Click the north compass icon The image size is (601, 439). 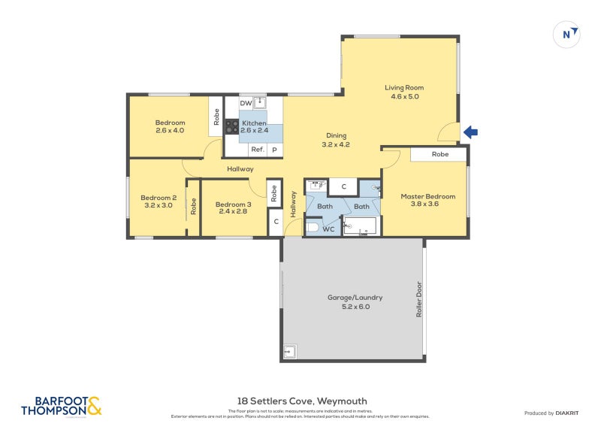[566, 34]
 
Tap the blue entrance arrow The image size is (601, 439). [470, 133]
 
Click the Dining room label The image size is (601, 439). [336, 135]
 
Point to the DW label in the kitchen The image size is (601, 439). [245, 103]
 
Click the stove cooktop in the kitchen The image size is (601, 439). [231, 127]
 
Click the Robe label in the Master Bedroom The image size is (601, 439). [439, 154]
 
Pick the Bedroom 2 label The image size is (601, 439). [159, 198]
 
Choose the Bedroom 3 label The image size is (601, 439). [233, 204]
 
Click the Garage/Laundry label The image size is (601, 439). [348, 297]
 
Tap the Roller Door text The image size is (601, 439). [419, 299]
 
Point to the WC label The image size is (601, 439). [328, 229]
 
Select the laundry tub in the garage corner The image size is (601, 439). [290, 351]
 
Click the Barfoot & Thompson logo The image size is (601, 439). [61, 407]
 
